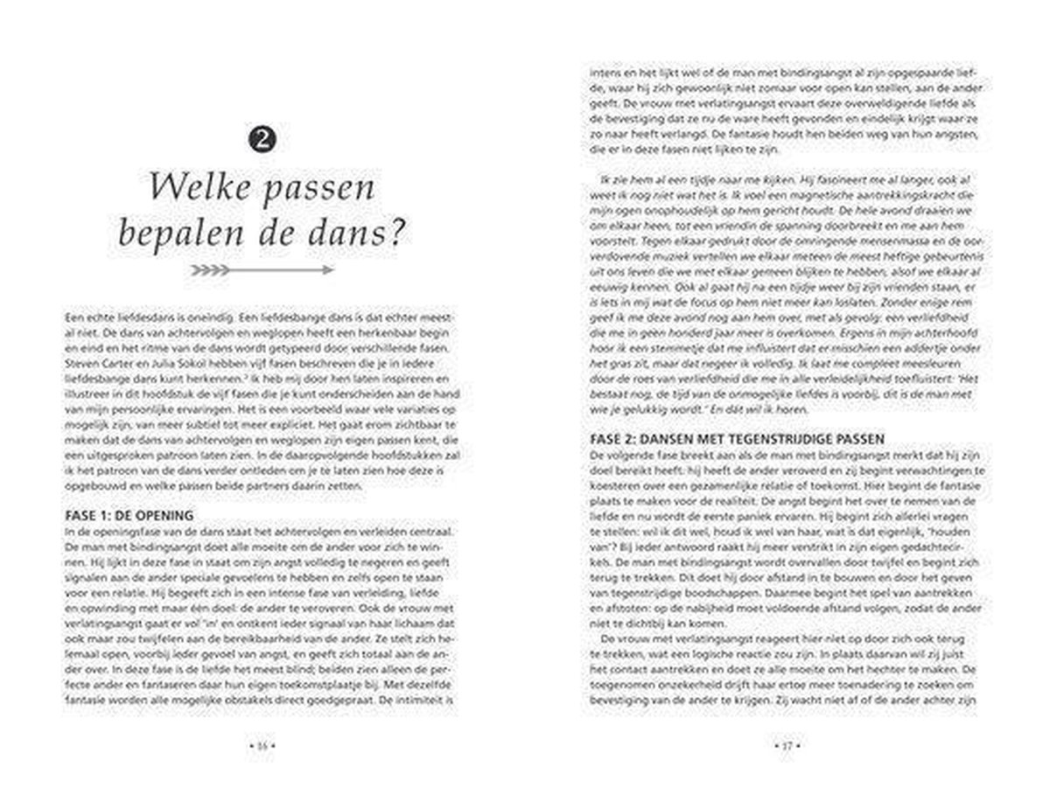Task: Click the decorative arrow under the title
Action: pyautogui.click(x=262, y=270)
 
